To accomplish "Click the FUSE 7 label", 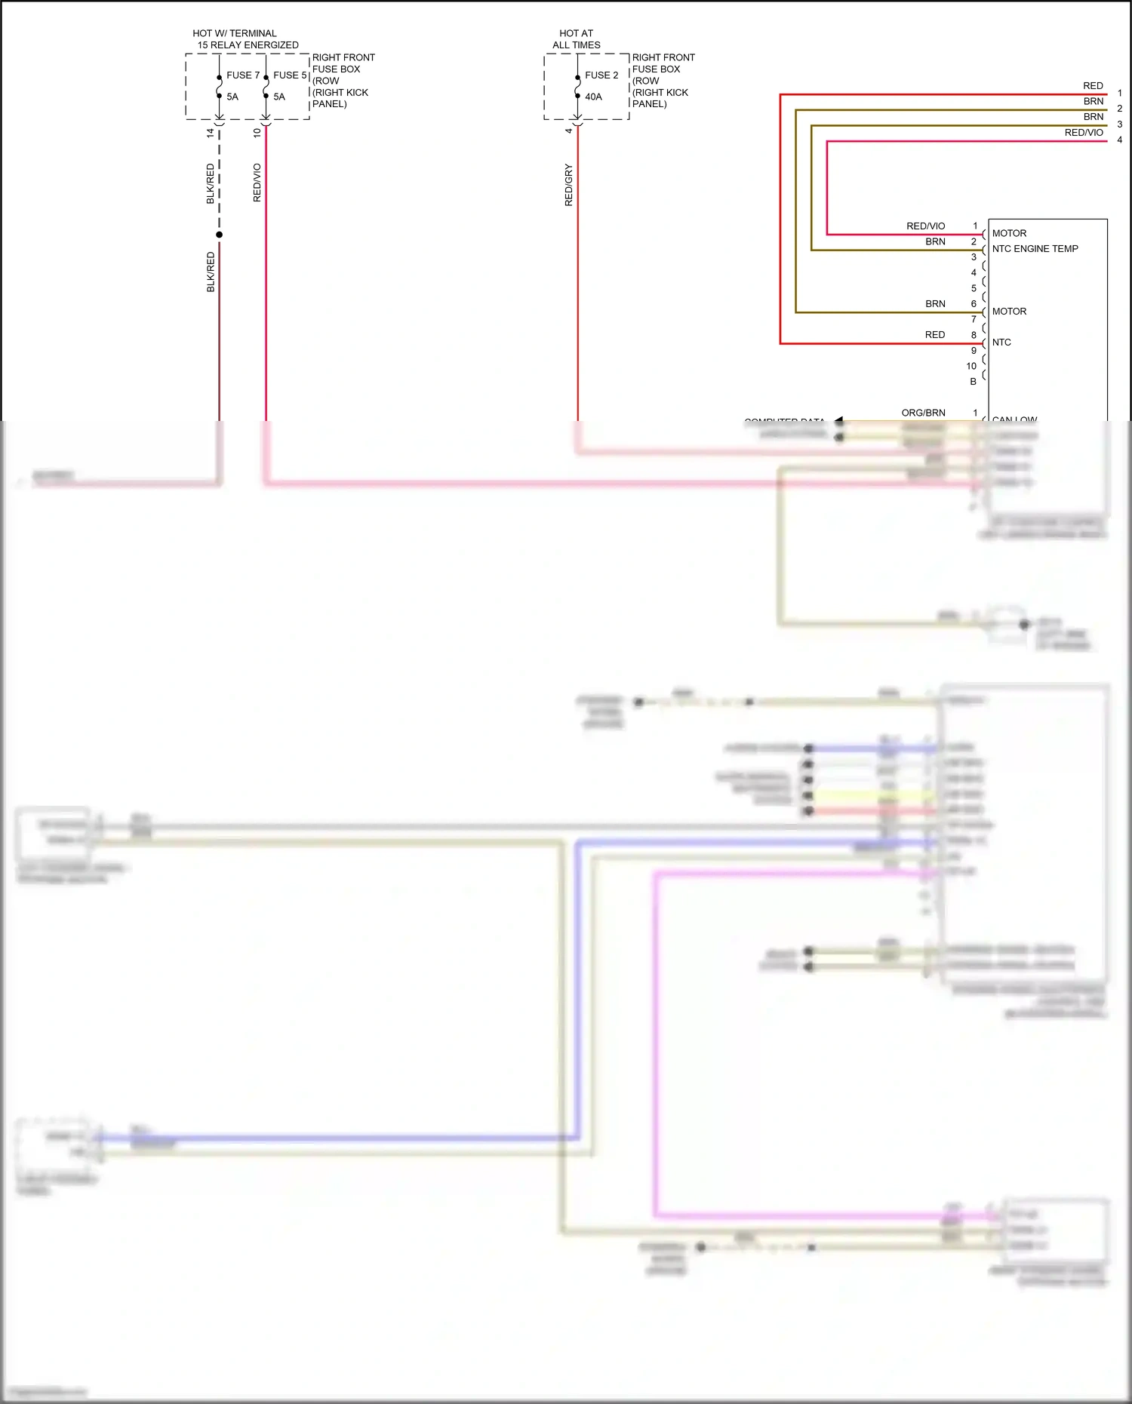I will coord(242,75).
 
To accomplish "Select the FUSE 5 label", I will coord(290,75).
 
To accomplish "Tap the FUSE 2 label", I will coord(601,75).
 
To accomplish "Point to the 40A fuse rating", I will coord(593,97).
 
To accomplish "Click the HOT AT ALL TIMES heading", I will coord(577,39).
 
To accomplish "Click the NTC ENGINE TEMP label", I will coord(1035,249).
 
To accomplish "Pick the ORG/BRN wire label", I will coord(923,413).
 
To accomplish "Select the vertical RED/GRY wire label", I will coord(569,185).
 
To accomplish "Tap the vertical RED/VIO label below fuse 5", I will coord(257,183).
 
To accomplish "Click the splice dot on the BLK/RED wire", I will coord(220,235).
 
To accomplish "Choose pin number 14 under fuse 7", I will coord(211,133).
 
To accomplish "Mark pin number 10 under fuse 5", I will coord(257,133).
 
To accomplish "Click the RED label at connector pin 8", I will coord(935,335).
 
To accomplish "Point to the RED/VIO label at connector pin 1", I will coord(925,226).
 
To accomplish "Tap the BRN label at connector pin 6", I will coord(935,304).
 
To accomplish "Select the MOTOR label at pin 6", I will coord(1009,312).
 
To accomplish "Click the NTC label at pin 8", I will coord(1001,343).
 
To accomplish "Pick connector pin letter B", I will coord(973,382).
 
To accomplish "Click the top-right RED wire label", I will coord(1093,86).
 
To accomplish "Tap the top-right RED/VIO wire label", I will coord(1084,133).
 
